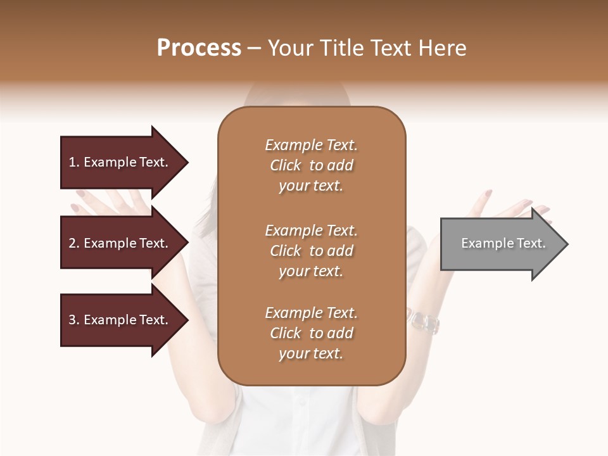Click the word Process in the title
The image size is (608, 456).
coord(199,48)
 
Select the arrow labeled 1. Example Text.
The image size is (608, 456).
coord(120,162)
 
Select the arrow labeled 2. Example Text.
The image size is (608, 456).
coord(120,243)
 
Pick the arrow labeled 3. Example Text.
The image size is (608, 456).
coord(120,320)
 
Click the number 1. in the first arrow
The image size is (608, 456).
coord(74,162)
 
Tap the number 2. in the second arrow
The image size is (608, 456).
coord(74,243)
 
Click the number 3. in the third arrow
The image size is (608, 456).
coord(74,320)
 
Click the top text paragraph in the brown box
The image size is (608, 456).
coord(311,165)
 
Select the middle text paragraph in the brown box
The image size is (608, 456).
coord(311,251)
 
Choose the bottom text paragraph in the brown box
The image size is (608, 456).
coord(311,333)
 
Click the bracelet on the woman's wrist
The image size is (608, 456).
coord(423,322)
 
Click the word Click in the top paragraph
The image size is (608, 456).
coord(286,165)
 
